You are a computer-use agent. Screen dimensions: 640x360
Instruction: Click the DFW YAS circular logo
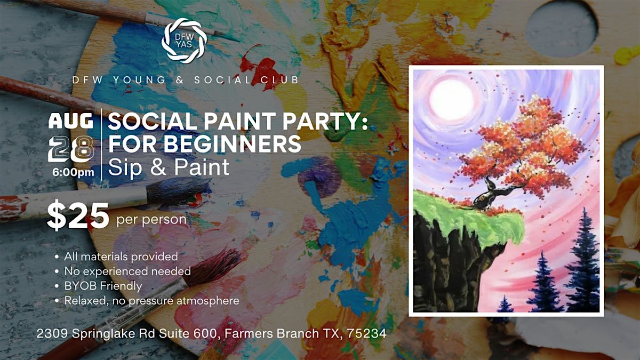click(x=185, y=41)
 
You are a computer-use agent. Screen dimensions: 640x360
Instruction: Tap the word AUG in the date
click(x=71, y=121)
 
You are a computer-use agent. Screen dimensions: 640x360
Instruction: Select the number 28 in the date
click(x=71, y=149)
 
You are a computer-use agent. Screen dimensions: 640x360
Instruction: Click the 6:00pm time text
click(x=73, y=172)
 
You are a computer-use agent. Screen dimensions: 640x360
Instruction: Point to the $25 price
click(x=78, y=215)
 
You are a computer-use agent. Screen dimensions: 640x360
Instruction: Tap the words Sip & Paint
click(x=169, y=167)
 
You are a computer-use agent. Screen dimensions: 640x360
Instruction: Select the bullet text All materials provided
click(x=121, y=257)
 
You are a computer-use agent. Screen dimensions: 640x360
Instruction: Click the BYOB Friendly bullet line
click(x=103, y=286)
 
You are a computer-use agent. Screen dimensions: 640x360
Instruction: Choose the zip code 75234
click(x=366, y=333)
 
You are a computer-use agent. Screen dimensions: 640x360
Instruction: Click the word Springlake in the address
click(x=104, y=334)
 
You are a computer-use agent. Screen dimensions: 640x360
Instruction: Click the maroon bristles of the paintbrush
click(x=212, y=267)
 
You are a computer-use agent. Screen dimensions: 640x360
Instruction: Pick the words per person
click(x=151, y=220)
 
